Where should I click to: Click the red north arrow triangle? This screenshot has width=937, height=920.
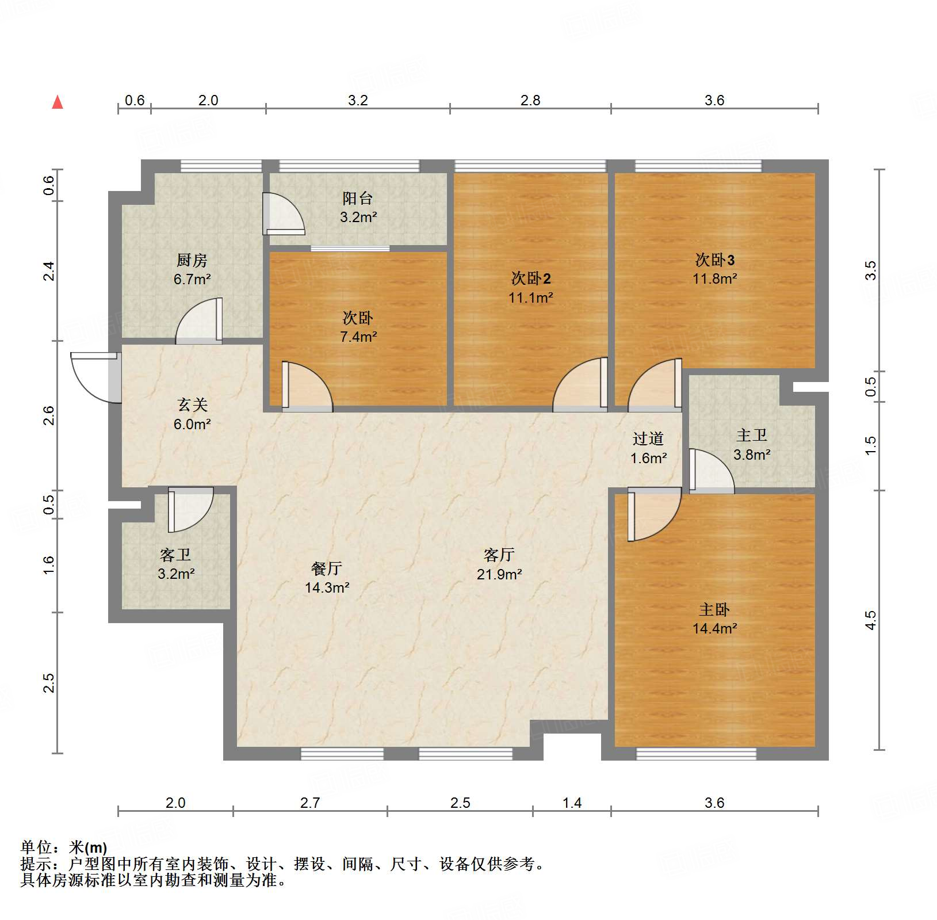coord(58,102)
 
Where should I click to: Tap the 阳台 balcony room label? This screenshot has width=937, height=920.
coord(357,198)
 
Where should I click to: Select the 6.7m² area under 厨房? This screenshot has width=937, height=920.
coord(192,280)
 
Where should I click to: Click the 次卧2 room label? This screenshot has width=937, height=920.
coord(530,279)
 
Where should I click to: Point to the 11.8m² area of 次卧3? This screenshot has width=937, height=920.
coord(714,279)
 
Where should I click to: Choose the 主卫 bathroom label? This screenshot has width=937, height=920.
coord(751,436)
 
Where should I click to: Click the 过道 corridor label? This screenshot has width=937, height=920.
coord(648,439)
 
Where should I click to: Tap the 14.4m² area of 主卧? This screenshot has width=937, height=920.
coord(714,629)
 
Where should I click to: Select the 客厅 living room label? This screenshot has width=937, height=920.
coord(499,555)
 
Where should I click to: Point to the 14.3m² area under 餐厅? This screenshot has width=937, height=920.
coord(327,588)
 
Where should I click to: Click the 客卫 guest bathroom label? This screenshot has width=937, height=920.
coord(175,555)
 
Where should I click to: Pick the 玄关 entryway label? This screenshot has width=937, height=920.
coord(192,405)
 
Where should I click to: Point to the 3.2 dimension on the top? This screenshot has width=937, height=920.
coord(358,101)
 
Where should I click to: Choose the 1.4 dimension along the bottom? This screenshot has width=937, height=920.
coord(572,803)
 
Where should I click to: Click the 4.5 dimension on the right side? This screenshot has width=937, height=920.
coord(870,620)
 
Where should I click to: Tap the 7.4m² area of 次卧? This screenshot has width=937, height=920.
coord(358,337)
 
